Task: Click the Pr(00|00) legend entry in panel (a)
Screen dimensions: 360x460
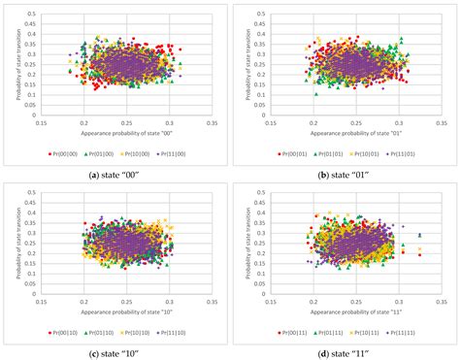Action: click(63, 152)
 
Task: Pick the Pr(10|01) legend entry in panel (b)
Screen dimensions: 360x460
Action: click(370, 152)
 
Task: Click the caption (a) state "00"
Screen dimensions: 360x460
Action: click(115, 172)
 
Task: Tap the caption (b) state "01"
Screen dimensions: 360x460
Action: click(345, 172)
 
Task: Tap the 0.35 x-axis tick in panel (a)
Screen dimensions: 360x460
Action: click(211, 121)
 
